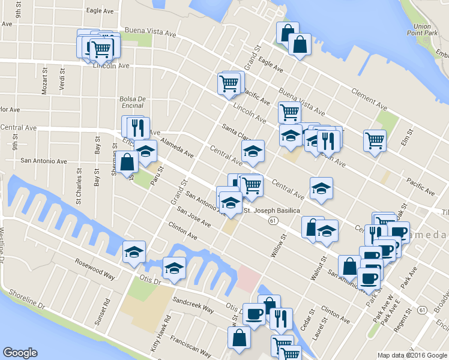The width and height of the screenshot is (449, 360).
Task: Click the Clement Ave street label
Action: tap(364, 95)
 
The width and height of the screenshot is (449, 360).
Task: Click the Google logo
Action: tap(20, 353)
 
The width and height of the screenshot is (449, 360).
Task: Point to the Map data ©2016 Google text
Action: tap(412, 355)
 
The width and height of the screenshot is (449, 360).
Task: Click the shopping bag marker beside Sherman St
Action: tap(128, 161)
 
